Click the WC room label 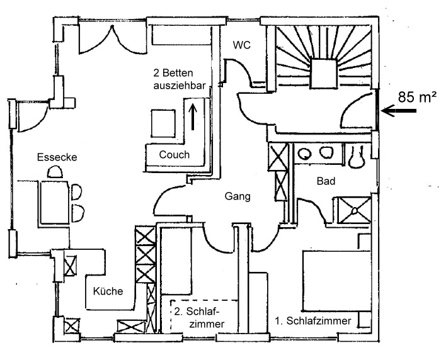tap(241, 45)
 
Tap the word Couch tap(175, 155)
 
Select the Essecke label tap(57, 157)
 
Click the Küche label tap(108, 291)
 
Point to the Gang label tap(238, 196)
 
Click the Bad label tap(326, 181)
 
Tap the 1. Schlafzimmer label tap(313, 321)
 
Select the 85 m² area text tap(418, 97)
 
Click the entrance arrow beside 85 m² tap(399, 111)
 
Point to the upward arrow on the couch tap(193, 116)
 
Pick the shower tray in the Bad tap(354, 210)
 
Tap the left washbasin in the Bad tap(304, 154)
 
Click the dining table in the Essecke tap(54, 202)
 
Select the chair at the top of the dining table tap(55, 172)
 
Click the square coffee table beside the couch tap(163, 123)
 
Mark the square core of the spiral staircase tap(324, 74)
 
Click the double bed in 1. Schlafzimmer tap(336, 281)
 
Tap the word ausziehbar tap(180, 86)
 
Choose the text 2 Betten tap(173, 73)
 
